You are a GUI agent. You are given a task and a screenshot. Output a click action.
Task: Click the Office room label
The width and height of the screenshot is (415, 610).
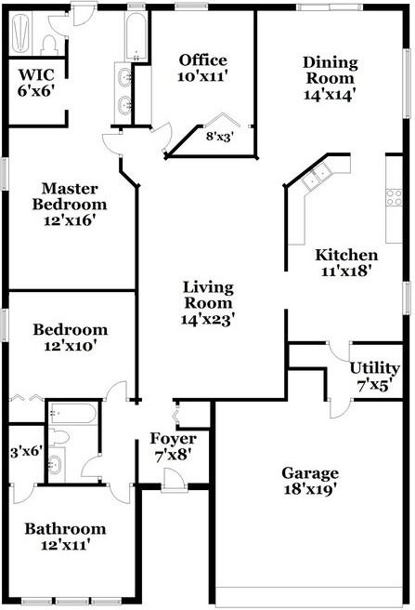tap(202, 60)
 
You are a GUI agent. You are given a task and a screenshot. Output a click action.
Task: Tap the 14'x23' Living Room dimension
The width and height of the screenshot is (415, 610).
tap(208, 320)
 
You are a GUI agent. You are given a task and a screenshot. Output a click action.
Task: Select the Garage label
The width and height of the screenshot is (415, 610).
tap(310, 473)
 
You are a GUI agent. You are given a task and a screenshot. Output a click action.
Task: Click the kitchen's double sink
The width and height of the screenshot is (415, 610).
tap(318, 177)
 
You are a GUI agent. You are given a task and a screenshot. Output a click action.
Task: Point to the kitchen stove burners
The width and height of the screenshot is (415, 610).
tap(394, 197)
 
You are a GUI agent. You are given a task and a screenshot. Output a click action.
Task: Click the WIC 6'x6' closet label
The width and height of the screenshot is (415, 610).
tap(36, 83)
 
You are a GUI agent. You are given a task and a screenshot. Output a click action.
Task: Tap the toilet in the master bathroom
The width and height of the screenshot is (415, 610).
tap(49, 46)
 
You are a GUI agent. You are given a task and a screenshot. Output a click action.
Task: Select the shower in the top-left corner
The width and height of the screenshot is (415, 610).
tap(20, 33)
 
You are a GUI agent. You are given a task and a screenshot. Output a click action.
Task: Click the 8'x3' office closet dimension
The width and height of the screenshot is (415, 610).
tap(219, 137)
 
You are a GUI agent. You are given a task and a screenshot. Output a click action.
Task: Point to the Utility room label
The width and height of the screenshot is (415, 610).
tap(374, 368)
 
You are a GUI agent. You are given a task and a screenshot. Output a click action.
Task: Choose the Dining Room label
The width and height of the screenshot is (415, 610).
tap(331, 71)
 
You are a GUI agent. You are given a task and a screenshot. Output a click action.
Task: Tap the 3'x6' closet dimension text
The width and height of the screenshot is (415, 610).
tap(26, 452)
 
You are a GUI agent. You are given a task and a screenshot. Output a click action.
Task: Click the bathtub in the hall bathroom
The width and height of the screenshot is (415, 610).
tap(72, 413)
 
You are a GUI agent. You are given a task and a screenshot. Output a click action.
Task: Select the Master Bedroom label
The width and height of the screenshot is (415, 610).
tap(70, 196)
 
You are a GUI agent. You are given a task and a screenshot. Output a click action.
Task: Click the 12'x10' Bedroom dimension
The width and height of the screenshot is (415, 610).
tap(70, 346)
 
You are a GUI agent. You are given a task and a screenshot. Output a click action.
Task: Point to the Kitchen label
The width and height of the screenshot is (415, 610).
tap(346, 255)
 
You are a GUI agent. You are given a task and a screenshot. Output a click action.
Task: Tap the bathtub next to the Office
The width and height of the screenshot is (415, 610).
tap(136, 35)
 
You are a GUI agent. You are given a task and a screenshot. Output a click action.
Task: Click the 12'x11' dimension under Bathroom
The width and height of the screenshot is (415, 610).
tap(66, 545)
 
